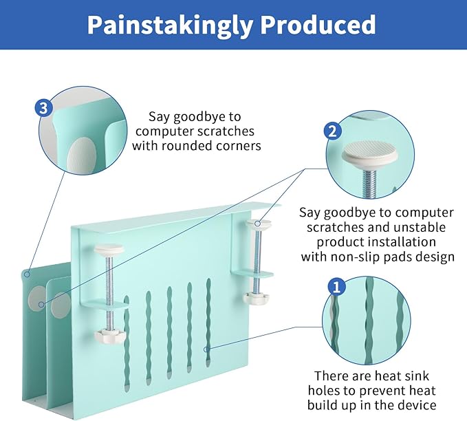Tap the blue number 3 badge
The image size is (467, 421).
coord(45,108)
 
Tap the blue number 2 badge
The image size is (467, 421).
coord(332,131)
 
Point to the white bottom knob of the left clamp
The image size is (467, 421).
coord(109,336)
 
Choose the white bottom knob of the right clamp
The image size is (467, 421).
coord(259,299)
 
